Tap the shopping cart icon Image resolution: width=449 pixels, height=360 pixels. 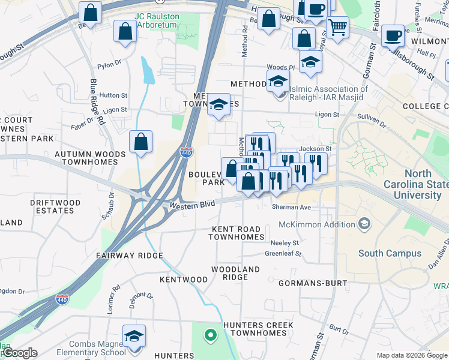[x=338, y=27]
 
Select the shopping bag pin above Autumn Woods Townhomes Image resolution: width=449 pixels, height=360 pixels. [x=140, y=142]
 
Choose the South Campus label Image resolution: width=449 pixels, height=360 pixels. [x=390, y=253]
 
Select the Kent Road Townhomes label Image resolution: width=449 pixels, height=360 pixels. [x=237, y=233]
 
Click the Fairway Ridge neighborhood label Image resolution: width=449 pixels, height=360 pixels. [x=130, y=256]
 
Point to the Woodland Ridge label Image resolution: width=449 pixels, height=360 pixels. [x=235, y=273]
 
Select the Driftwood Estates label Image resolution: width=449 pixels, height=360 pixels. [x=55, y=206]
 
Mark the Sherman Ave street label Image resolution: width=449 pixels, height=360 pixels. [x=291, y=207]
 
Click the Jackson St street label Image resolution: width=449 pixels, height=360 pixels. [x=315, y=148]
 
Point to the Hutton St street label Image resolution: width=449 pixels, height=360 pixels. [x=113, y=95]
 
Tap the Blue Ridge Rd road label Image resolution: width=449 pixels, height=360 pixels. [x=97, y=102]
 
